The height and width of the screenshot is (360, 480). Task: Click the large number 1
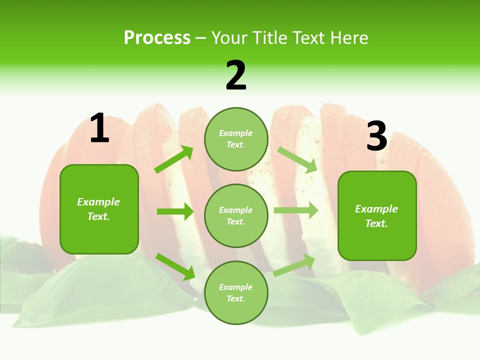[x=99, y=128]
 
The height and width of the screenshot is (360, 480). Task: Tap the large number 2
[x=236, y=75]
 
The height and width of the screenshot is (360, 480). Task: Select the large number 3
[x=376, y=136]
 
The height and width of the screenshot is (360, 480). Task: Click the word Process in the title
[x=157, y=38]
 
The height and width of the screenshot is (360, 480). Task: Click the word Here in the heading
[x=349, y=38]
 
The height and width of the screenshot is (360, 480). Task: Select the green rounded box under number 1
[x=99, y=209]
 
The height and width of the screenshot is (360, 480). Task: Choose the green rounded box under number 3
[x=377, y=215]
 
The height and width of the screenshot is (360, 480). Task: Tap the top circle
[x=236, y=139]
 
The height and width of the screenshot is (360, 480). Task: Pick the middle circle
[x=236, y=215]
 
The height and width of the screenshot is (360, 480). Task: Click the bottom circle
[x=236, y=292]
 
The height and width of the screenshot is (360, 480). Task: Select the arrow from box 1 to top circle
[x=174, y=159]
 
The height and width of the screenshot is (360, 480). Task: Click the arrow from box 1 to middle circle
[x=175, y=211]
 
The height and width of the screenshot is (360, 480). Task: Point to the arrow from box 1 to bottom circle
[x=175, y=266]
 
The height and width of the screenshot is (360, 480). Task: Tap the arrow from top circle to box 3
[x=297, y=160]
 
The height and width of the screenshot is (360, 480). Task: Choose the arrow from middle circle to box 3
[x=296, y=210]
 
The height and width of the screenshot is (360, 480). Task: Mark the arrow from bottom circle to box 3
[x=294, y=265]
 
